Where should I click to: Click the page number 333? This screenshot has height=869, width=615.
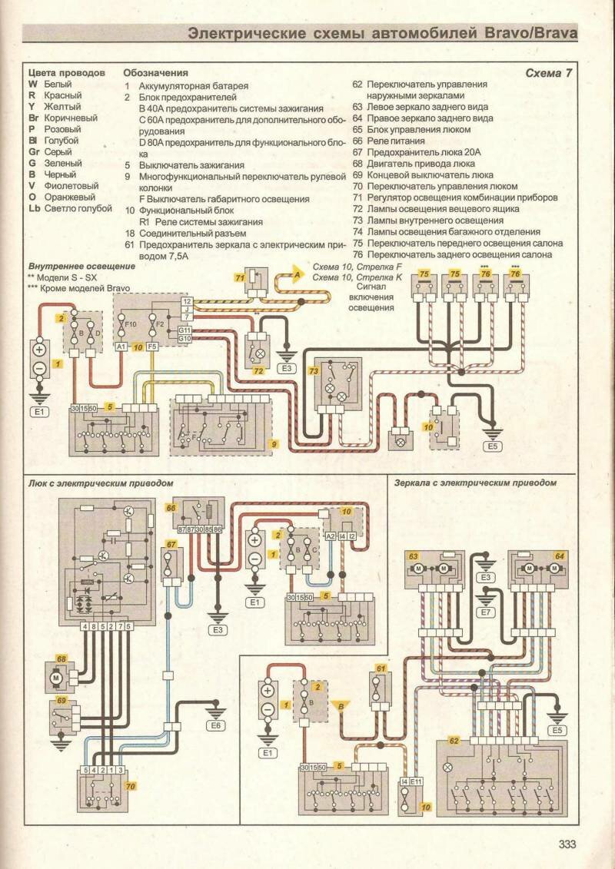point(567,844)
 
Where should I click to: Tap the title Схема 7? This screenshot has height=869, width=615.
point(549,73)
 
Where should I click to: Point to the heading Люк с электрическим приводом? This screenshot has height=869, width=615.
point(101,483)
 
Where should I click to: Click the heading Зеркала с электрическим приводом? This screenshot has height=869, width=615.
point(475,483)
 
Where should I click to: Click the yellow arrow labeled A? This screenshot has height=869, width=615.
point(297,274)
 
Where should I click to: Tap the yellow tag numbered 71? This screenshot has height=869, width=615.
point(240,277)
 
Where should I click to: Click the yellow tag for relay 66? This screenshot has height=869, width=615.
point(171,508)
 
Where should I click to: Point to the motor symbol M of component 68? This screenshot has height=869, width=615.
point(55,678)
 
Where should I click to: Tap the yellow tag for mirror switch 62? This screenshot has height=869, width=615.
point(454,741)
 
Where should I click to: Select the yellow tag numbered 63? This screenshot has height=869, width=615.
point(413,555)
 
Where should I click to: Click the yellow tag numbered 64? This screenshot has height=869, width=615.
point(560,555)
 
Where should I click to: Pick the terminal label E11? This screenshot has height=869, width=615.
point(417,781)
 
